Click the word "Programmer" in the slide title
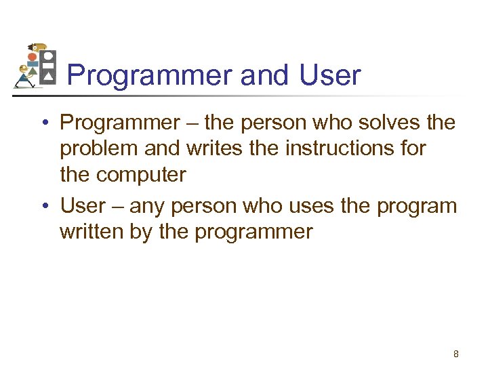click(150, 76)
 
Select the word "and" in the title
click(264, 76)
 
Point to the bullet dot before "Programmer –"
click(43, 123)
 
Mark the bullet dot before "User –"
click(43, 206)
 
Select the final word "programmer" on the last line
click(254, 232)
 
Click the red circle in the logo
click(32, 58)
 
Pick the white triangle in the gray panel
click(48, 78)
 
